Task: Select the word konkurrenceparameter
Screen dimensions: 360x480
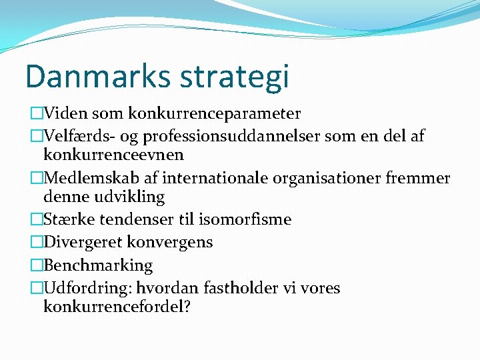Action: [214, 114]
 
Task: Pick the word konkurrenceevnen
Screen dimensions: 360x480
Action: [113, 155]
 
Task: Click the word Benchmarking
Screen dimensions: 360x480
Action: [98, 265]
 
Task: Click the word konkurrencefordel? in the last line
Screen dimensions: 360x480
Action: [117, 307]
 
